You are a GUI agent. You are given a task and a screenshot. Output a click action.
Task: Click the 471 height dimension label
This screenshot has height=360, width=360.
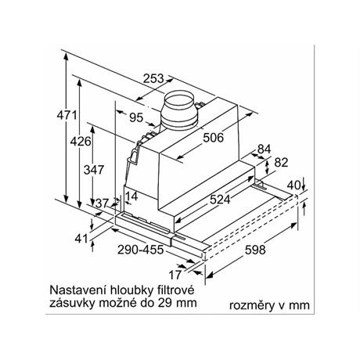[x=67, y=115]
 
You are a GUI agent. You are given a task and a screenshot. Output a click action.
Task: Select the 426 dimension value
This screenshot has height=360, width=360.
[x=81, y=142]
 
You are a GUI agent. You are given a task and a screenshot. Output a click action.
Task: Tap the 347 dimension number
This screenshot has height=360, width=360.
[x=94, y=170]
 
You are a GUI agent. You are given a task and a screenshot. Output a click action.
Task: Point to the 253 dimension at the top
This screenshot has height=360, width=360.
[x=153, y=78]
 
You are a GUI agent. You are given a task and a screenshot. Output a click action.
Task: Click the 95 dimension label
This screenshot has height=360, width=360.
[x=136, y=117]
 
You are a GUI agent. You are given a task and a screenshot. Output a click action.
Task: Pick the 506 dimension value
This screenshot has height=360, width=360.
[x=214, y=138]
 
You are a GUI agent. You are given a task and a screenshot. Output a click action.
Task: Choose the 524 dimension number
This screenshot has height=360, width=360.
[x=220, y=200]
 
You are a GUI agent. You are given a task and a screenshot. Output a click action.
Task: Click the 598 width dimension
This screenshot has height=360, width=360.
[x=255, y=250]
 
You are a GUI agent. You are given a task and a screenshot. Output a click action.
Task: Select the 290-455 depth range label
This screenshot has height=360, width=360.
[x=140, y=250]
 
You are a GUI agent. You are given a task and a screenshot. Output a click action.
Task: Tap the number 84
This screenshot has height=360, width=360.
[x=265, y=149]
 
